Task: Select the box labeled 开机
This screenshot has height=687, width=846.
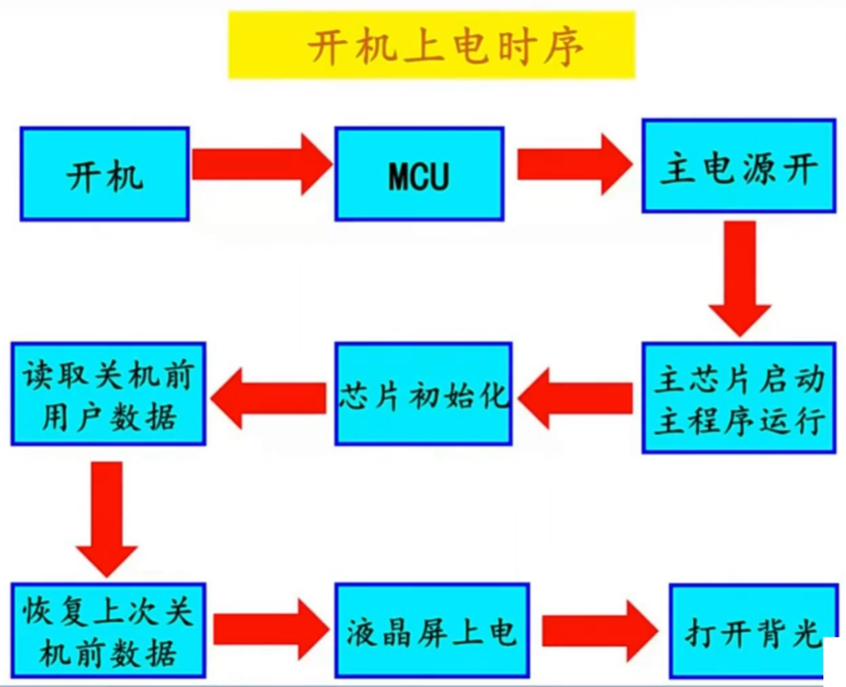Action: coord(104,174)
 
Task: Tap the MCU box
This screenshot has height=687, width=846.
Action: coord(420,174)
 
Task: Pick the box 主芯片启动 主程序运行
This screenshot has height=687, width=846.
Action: coord(739,398)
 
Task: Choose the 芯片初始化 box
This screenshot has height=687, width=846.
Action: coord(423,394)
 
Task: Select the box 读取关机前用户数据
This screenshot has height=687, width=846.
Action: coord(107,394)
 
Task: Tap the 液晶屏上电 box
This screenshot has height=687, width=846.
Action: coord(431,630)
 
